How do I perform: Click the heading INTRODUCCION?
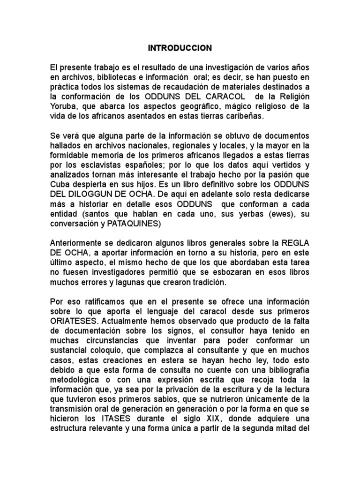(180, 48)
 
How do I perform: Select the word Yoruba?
(63, 105)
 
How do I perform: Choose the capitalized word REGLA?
(295, 242)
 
